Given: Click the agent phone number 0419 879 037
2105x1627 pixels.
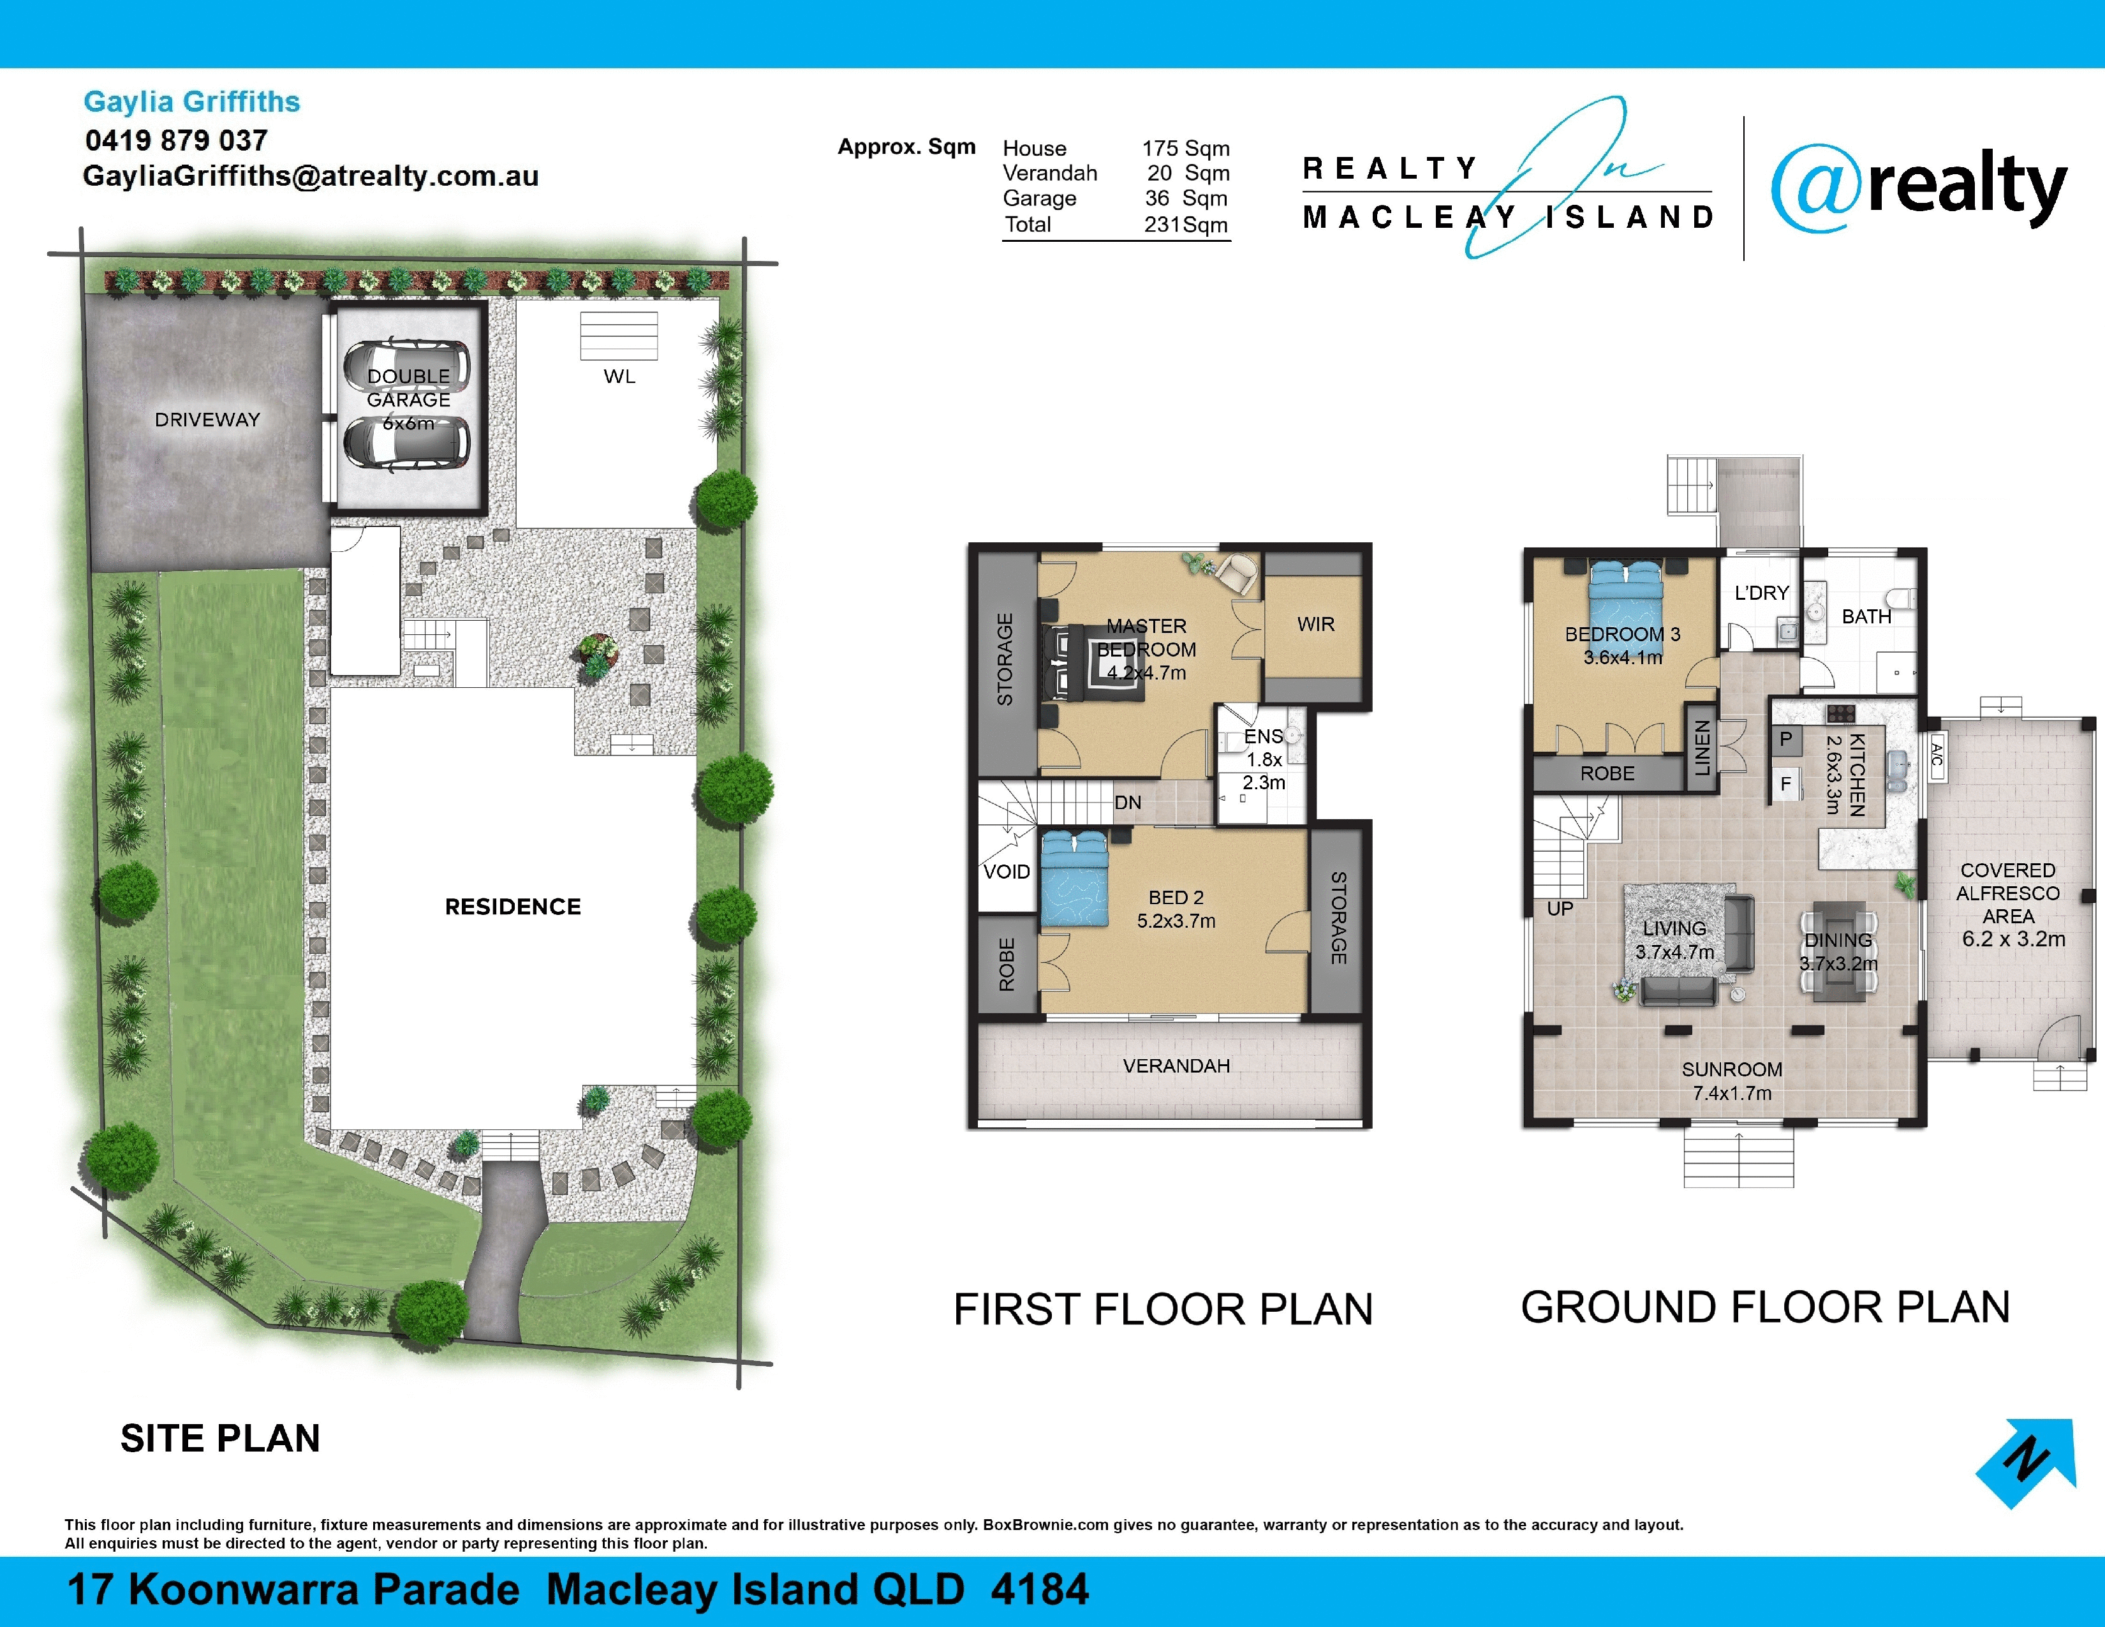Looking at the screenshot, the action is pos(177,141).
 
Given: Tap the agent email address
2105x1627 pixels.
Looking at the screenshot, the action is pos(311,176).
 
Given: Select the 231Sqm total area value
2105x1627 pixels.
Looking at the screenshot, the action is pos(1186,225).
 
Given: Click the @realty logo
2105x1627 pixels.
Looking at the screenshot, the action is pos(1919,189).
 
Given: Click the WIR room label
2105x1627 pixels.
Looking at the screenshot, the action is pos(1315,625).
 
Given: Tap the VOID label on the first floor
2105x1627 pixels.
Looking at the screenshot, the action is pos(1006,872).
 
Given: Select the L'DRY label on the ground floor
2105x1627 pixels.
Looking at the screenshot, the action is pos(1761,593).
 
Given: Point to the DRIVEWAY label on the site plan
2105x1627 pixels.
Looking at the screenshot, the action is pos(207,419).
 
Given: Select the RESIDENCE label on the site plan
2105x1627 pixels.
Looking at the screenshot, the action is pos(513,907).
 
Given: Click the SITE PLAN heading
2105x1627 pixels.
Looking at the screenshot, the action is pos(220,1438).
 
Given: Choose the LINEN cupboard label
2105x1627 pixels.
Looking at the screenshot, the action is pos(1702,748).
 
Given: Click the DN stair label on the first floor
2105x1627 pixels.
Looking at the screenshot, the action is pos(1128,802).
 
